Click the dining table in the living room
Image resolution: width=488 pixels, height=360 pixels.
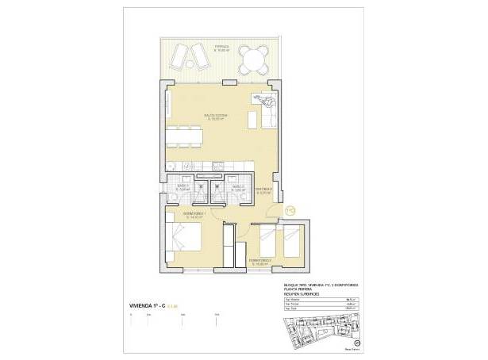[x=183, y=135]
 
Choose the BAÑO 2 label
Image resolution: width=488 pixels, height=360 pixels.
[x=238, y=188]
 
